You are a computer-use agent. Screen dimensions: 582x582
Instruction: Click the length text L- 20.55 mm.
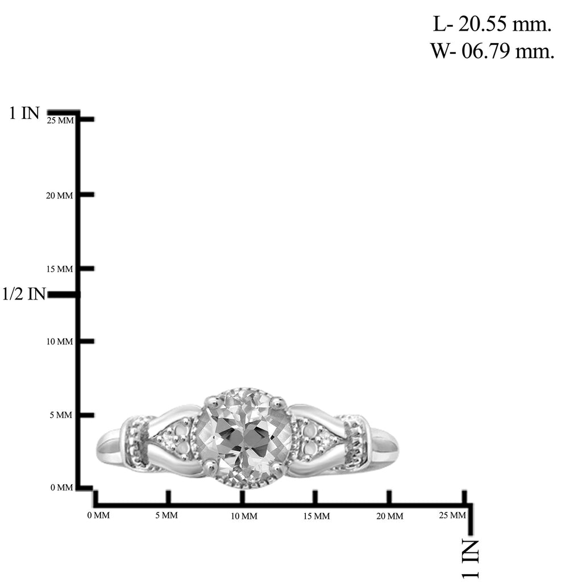(492, 24)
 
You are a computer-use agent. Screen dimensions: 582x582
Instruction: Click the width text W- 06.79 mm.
(492, 51)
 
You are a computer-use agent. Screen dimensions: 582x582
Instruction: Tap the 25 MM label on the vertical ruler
(60, 120)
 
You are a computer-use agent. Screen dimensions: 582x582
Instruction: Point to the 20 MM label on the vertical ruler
(59, 196)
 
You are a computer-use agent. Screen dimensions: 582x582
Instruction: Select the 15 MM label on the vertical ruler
(60, 269)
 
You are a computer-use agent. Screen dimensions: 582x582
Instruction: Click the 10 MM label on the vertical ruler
(60, 342)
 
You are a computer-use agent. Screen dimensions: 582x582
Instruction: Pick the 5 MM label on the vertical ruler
(61, 415)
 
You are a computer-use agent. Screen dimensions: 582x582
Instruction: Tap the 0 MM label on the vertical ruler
(61, 487)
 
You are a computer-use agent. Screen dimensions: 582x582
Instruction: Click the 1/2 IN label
(24, 294)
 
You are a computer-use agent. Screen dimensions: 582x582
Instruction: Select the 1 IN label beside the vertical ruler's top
(24, 113)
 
